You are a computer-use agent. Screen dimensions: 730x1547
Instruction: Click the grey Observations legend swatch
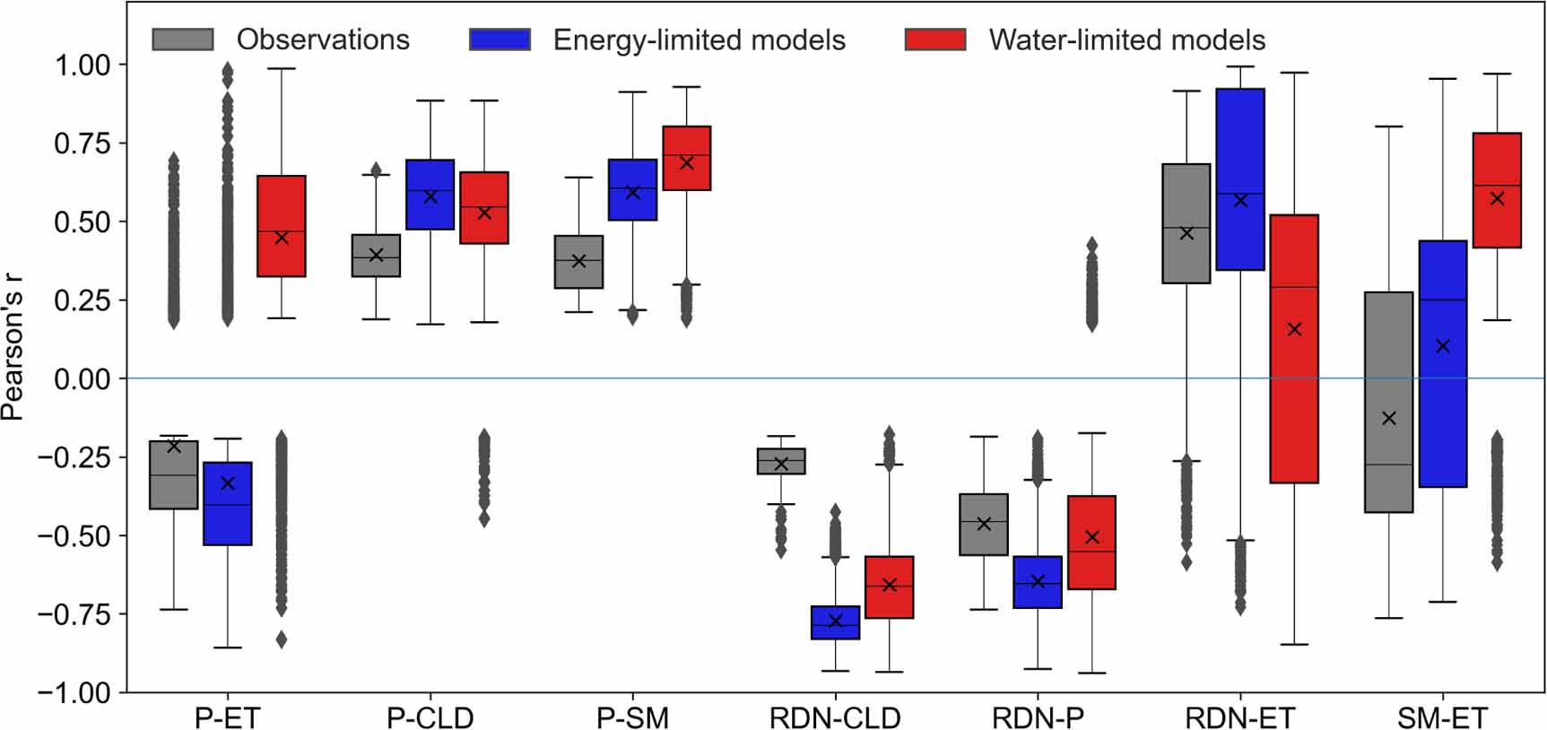[183, 39]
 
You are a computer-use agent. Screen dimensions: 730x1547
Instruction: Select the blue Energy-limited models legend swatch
[500, 39]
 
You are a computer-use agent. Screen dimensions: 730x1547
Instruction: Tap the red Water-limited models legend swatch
[935, 39]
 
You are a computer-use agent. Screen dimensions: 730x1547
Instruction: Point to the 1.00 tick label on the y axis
[83, 65]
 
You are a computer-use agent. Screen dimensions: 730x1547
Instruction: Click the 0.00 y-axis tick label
[83, 378]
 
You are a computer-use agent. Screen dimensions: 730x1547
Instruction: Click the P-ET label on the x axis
[227, 717]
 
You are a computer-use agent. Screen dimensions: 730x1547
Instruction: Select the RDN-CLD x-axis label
[835, 717]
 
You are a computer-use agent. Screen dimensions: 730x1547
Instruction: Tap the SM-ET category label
[1442, 717]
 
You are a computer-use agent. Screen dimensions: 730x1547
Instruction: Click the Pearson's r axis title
[13, 347]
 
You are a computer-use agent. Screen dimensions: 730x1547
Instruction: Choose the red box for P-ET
[282, 226]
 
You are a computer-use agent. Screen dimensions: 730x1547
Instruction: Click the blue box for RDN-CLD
[835, 622]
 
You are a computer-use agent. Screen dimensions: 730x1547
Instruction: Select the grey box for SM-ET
[1388, 402]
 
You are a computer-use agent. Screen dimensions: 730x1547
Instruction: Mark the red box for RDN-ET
[1294, 349]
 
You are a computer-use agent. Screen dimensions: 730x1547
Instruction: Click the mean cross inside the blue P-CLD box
[430, 196]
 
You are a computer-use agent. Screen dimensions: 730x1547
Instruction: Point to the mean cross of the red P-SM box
[687, 162]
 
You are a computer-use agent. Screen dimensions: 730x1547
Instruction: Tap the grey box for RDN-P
[984, 525]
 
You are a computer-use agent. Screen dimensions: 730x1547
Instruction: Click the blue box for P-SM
[632, 190]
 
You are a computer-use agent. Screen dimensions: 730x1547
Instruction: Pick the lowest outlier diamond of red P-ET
[282, 639]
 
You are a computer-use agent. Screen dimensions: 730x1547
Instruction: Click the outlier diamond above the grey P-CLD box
[377, 169]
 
